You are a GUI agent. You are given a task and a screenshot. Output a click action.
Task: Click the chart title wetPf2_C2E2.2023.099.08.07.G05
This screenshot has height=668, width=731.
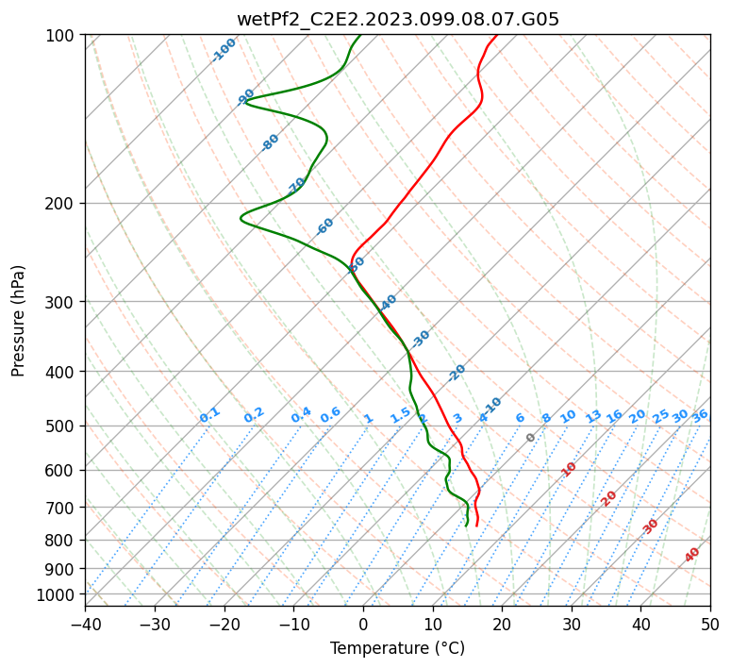[x=397, y=19]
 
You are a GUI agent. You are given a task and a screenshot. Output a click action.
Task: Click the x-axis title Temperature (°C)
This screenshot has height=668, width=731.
[x=397, y=649]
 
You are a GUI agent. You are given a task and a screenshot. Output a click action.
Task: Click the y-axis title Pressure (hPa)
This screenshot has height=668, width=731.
[x=19, y=321]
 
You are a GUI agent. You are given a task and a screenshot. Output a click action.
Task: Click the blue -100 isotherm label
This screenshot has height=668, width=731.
[x=224, y=49]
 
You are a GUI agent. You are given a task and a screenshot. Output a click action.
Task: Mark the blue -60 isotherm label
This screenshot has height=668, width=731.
[x=325, y=226]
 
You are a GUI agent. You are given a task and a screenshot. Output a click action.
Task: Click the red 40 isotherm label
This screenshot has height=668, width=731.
[x=692, y=555]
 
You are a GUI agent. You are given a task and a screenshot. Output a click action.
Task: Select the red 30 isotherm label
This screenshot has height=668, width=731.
[x=651, y=526]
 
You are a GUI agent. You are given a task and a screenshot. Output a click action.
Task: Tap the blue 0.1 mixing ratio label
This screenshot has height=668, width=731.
[x=209, y=415]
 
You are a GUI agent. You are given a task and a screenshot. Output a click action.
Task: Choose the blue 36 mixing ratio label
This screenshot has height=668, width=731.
[x=700, y=416]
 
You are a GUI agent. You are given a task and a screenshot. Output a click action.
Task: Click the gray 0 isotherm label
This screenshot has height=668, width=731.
[x=531, y=438]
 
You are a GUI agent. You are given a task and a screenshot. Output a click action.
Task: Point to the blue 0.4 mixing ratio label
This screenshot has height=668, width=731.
[x=301, y=416]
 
